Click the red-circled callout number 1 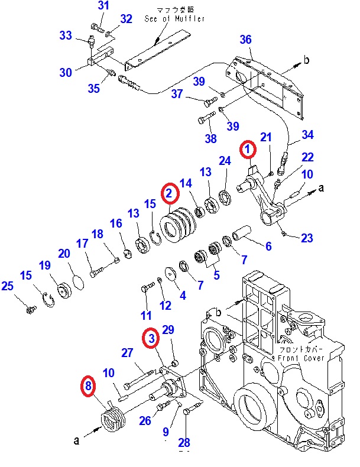(x=248, y=150)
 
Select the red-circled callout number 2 (x=169, y=193)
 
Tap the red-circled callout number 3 (x=151, y=338)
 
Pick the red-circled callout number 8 (x=88, y=387)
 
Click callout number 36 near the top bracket (x=245, y=40)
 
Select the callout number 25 (x=7, y=287)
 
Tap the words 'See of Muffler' (x=175, y=19)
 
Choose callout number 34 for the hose (x=308, y=135)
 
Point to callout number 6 (x=268, y=246)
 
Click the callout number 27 (x=127, y=353)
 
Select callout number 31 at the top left (x=103, y=6)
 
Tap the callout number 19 (x=45, y=266)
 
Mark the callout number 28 (x=184, y=442)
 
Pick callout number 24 (x=224, y=161)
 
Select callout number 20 (x=64, y=253)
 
